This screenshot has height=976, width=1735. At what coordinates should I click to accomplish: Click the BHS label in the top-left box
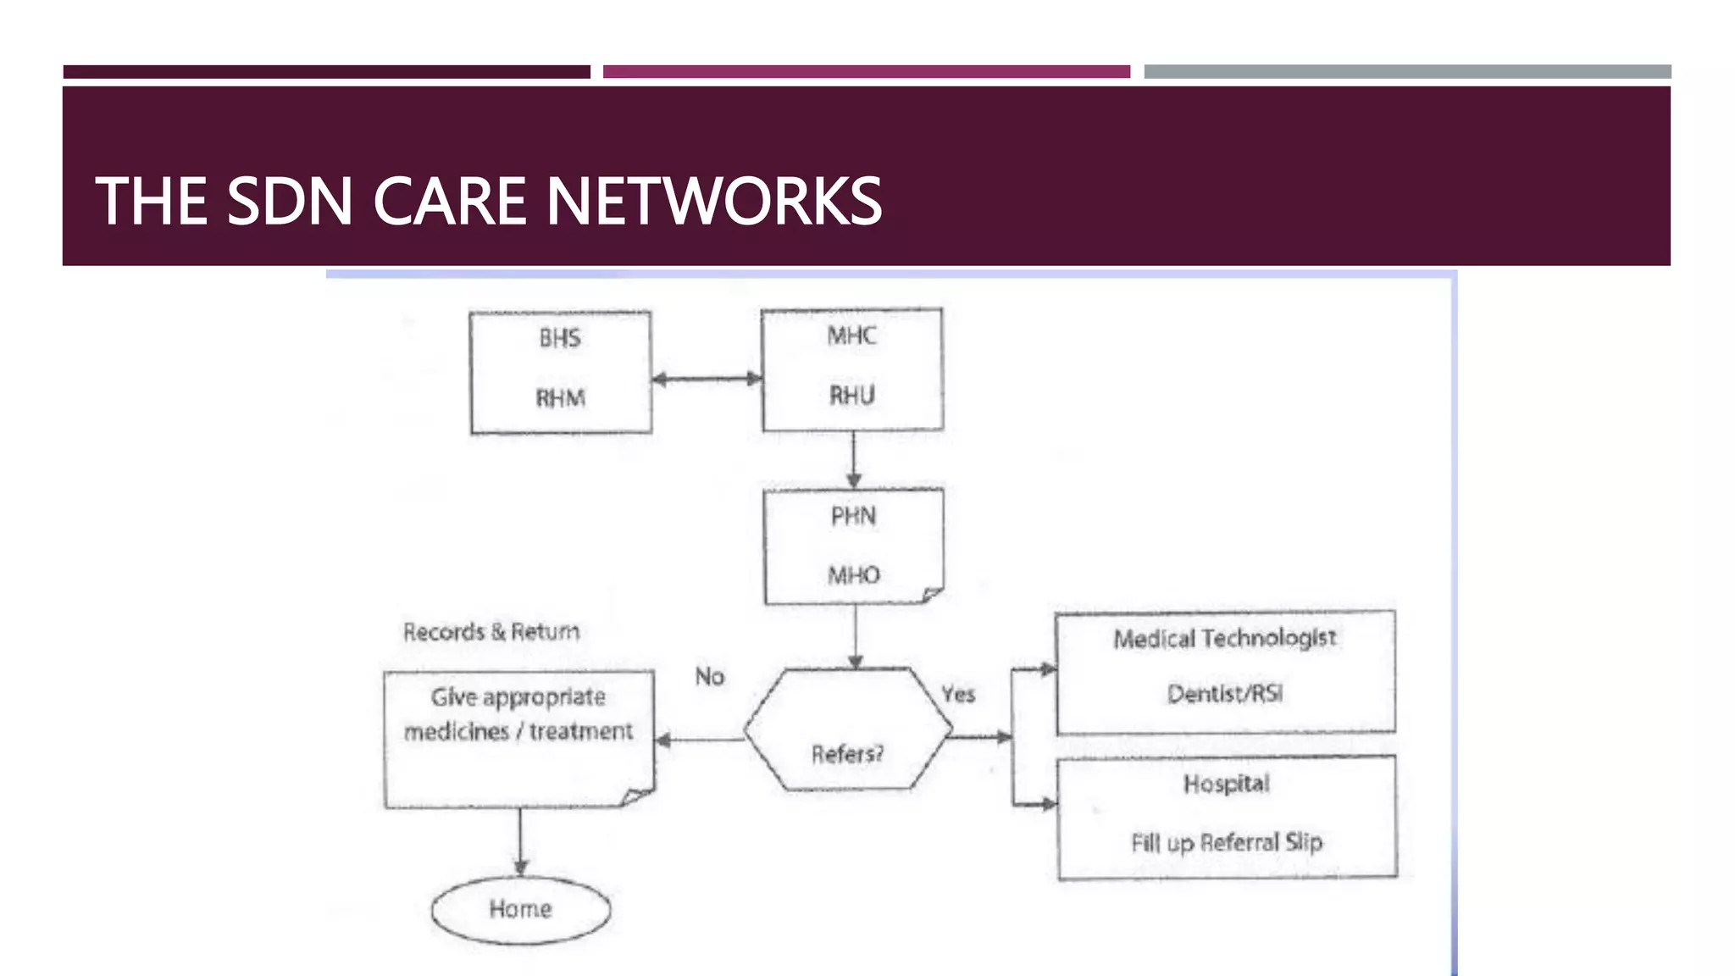(x=559, y=338)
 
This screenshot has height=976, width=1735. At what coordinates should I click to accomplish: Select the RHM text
(x=560, y=397)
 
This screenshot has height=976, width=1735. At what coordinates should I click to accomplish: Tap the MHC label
(x=851, y=335)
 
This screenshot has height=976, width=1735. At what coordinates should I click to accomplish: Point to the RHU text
(x=851, y=395)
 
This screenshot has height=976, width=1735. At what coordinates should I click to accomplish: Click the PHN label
(x=853, y=516)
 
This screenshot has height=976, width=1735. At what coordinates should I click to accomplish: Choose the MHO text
(x=853, y=575)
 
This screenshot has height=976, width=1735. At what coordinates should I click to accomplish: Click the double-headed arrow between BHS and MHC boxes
(x=707, y=379)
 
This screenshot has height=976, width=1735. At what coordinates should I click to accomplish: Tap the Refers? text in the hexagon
(x=847, y=753)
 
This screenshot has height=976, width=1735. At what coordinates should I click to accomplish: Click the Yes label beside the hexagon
(x=958, y=694)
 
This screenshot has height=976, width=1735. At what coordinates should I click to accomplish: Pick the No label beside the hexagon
(x=710, y=676)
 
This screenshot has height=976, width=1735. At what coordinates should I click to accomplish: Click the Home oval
(x=520, y=909)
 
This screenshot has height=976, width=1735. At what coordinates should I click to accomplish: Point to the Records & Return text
(x=491, y=632)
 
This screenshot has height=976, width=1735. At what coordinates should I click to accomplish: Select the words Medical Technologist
(x=1224, y=638)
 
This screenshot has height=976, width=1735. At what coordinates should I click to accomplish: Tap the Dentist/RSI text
(x=1224, y=694)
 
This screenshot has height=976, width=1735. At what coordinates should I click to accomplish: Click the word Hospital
(x=1226, y=784)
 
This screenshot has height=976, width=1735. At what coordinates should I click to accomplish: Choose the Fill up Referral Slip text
(x=1226, y=842)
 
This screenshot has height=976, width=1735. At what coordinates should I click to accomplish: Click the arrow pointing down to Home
(x=520, y=842)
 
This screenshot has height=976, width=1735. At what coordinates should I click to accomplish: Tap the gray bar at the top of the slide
(x=1406, y=72)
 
